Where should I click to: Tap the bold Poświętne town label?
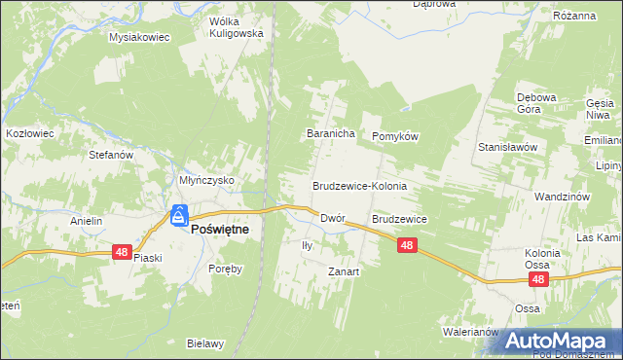(x=219, y=229)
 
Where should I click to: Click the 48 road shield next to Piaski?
(x=121, y=252)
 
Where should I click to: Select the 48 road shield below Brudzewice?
(x=408, y=247)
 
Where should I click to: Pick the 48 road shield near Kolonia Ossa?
(x=539, y=279)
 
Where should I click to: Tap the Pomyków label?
(x=394, y=137)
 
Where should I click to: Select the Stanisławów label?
(x=508, y=147)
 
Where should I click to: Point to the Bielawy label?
(x=206, y=343)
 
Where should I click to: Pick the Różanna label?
(x=573, y=17)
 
